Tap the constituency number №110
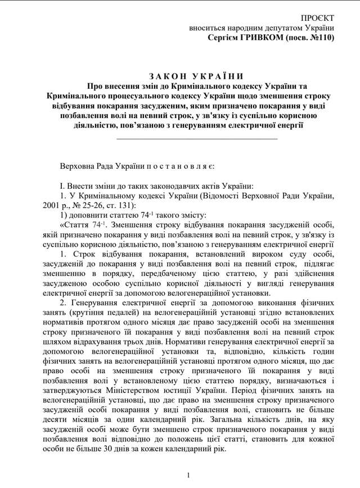(321, 38)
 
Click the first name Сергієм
(224, 38)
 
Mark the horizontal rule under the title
(196, 138)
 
